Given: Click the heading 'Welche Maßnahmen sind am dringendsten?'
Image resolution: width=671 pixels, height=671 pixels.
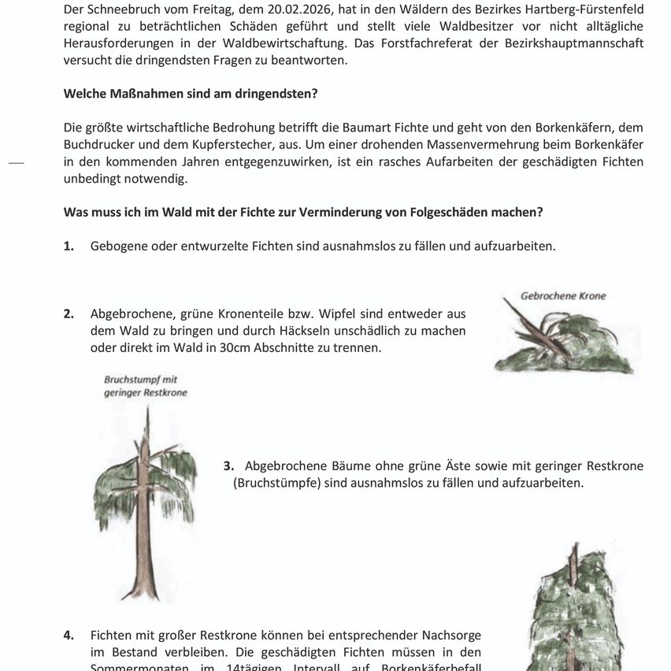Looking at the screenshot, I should [x=191, y=94].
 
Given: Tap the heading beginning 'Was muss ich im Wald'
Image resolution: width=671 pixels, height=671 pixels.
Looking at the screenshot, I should [x=302, y=213].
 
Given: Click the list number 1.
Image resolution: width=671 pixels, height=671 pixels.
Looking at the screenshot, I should [x=69, y=246].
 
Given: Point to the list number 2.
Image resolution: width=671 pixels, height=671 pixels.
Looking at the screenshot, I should [x=69, y=313].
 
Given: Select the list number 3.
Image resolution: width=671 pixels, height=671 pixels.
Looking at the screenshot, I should [x=228, y=466].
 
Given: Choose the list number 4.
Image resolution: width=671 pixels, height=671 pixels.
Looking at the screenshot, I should [x=69, y=635].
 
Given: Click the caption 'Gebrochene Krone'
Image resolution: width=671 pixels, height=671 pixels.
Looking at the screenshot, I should [x=563, y=296].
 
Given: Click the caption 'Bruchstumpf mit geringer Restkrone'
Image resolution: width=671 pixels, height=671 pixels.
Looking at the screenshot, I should [x=146, y=386].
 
